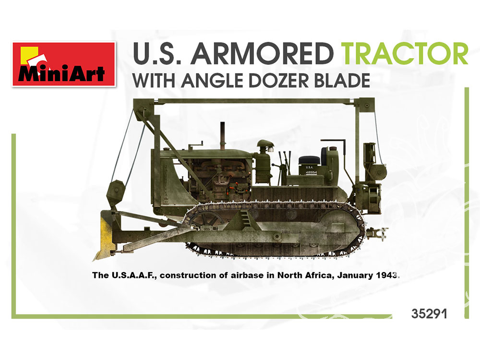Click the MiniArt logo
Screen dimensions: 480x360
64,64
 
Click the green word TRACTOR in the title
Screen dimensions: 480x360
404,54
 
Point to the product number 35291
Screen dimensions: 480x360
429,314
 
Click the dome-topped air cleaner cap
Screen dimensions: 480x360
265,144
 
